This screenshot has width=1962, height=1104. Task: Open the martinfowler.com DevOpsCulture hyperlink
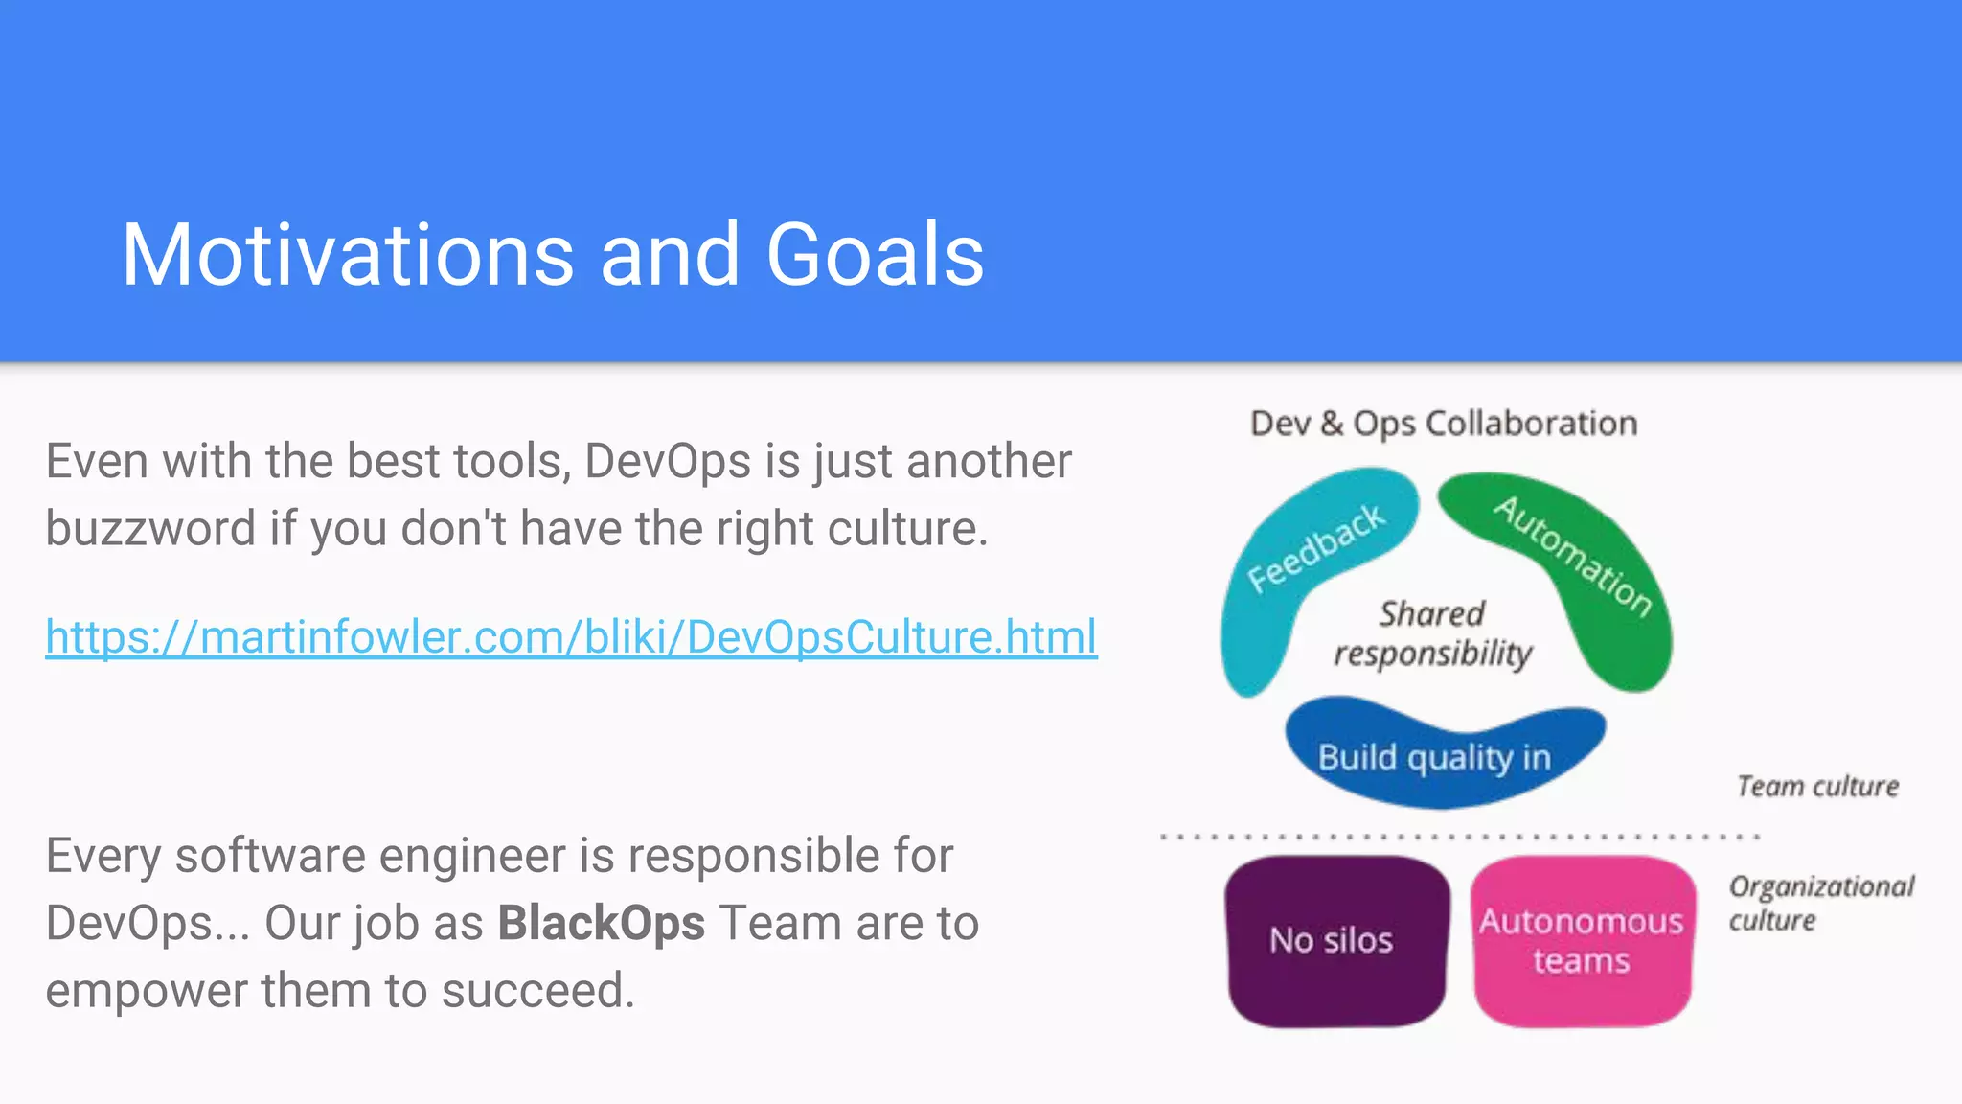(x=571, y=637)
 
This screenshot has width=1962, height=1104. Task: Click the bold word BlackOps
(x=601, y=924)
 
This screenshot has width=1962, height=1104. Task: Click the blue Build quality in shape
(x=1433, y=758)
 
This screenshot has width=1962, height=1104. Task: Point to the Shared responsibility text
(x=1432, y=633)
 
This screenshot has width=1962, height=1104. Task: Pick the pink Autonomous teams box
(x=1581, y=941)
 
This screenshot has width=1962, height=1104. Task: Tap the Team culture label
(x=1816, y=787)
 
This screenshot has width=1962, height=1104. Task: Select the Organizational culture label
(x=1819, y=903)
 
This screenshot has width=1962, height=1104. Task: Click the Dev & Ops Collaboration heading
(x=1443, y=424)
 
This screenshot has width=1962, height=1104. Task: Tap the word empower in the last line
(x=146, y=991)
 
